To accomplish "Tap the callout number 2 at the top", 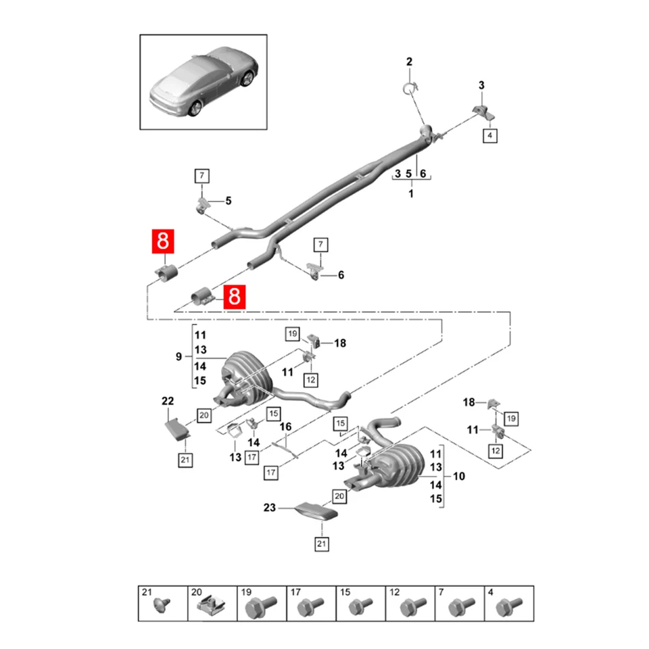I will click(x=408, y=63).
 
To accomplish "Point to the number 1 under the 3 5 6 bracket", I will click(x=410, y=193).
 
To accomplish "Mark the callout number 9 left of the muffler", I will click(x=178, y=357).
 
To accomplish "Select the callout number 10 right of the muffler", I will click(x=459, y=477).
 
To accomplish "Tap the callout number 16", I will click(x=285, y=427).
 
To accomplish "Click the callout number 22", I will click(x=168, y=402).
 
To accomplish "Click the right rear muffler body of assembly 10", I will click(x=395, y=466).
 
